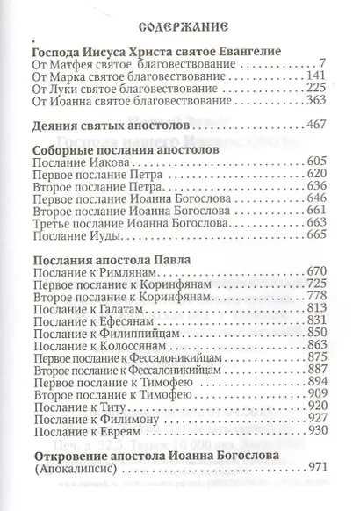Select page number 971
click(317, 492)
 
